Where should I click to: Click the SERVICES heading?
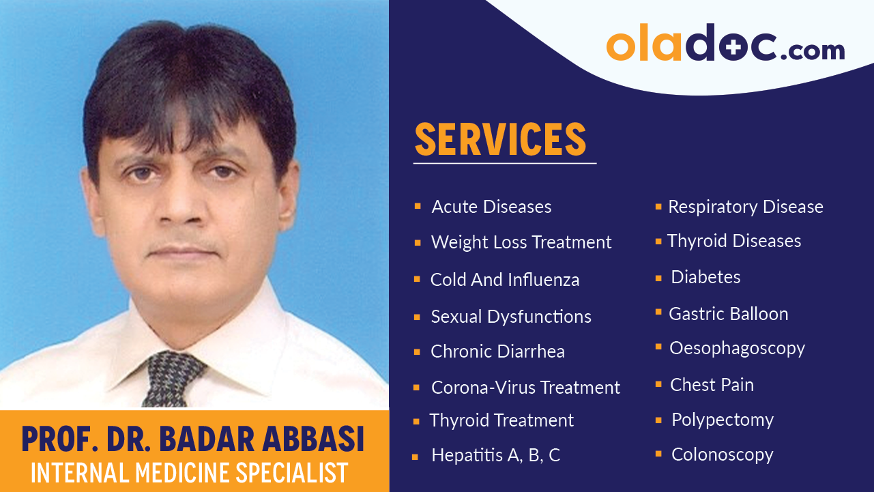coord(500,139)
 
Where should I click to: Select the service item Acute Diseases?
coord(491,207)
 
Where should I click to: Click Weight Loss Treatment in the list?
coord(521,242)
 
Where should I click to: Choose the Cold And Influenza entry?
coord(505,280)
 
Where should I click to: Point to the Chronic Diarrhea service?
coord(497,351)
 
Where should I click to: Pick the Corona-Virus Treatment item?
coord(525,388)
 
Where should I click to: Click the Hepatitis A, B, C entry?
coord(495,456)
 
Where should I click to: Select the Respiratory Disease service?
coord(745,207)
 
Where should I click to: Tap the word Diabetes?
coord(705,277)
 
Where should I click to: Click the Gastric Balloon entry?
coord(728,314)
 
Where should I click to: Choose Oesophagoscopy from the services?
coord(737,348)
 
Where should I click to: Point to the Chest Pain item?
coord(712,385)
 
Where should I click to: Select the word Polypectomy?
coord(722,420)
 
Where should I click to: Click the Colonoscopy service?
coord(722,454)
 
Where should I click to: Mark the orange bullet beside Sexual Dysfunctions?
coord(417,317)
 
